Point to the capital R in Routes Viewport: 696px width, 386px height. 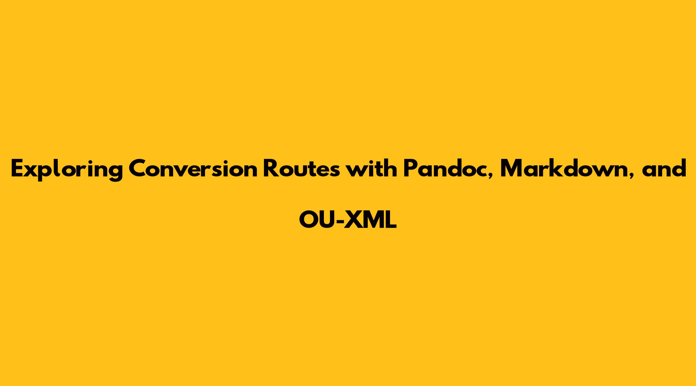pos(271,169)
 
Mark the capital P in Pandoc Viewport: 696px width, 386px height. pos(410,169)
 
